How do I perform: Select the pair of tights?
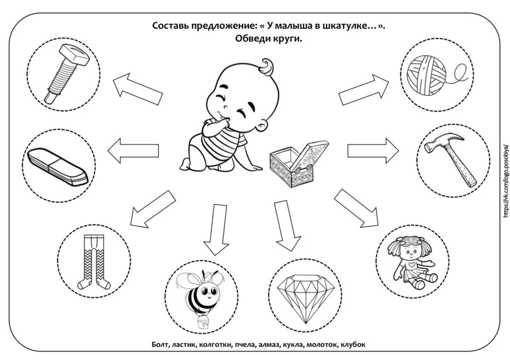[x=94, y=262]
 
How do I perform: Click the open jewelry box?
[x=299, y=164]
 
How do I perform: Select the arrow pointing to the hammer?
[x=373, y=151]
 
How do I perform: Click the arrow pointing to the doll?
[x=356, y=209]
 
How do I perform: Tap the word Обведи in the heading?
[x=252, y=39]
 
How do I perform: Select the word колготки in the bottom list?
[x=215, y=345]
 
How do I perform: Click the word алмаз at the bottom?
[x=269, y=345]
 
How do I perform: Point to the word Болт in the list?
[x=161, y=345]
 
